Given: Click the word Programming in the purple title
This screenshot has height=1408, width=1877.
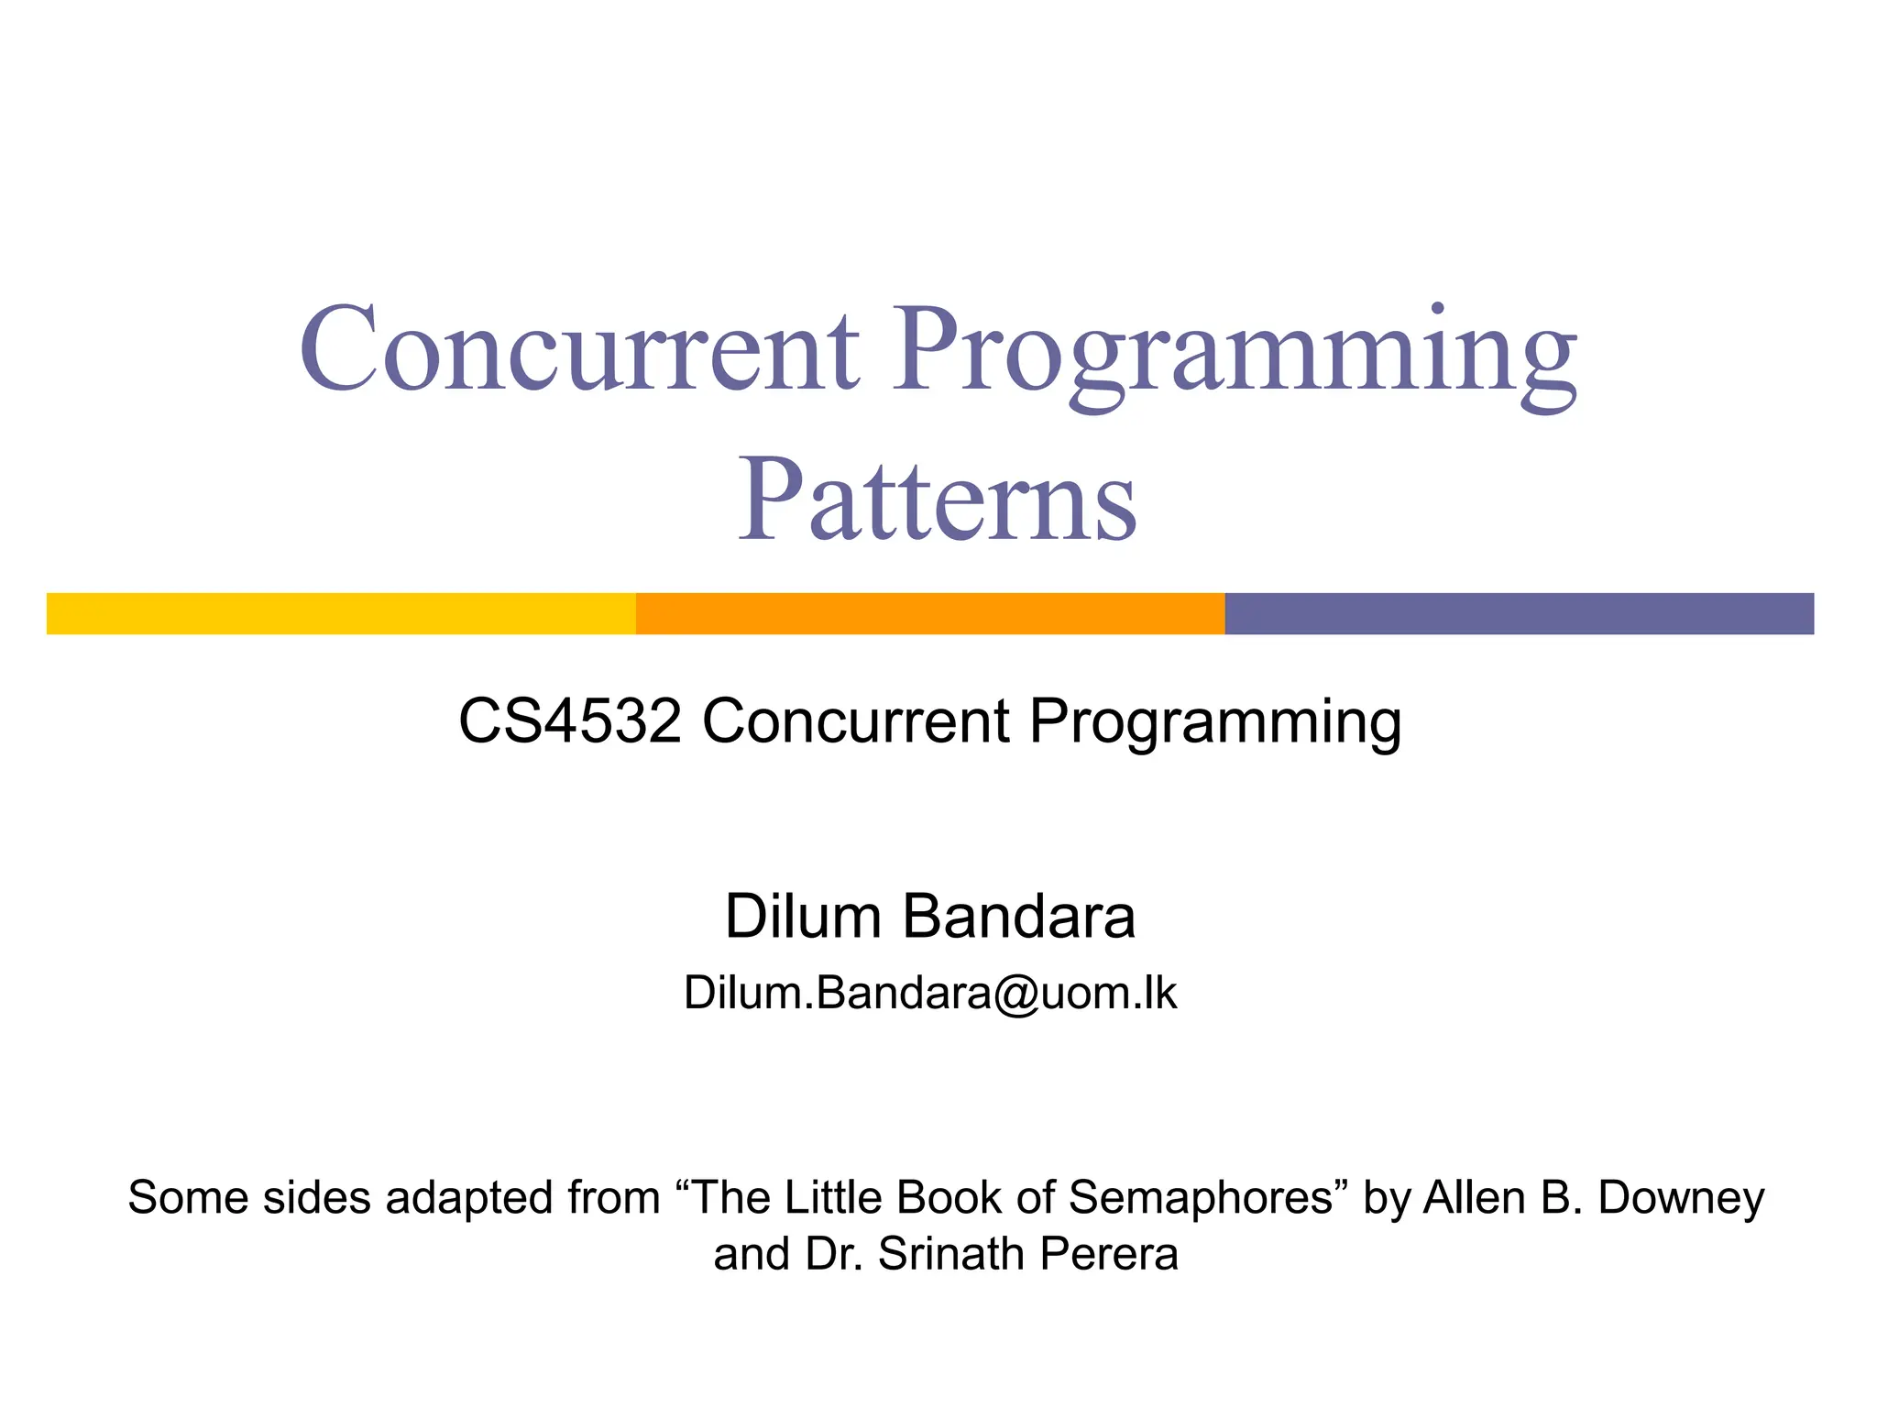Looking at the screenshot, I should [x=1235, y=353].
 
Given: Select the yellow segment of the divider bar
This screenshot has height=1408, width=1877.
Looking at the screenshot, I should [x=341, y=613].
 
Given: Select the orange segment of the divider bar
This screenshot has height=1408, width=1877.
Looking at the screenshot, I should [x=930, y=613].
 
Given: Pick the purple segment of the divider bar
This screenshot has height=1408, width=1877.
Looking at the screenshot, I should [x=1519, y=613].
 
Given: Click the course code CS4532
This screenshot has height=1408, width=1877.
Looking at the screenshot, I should [x=570, y=720].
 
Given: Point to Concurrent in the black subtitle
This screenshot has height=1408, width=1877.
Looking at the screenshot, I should [x=856, y=720].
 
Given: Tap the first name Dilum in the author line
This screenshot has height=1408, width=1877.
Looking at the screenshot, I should [x=803, y=916].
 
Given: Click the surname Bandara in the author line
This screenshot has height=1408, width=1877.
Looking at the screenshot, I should [x=1019, y=916].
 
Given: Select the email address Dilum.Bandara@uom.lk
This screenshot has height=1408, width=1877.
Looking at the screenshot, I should [x=929, y=993].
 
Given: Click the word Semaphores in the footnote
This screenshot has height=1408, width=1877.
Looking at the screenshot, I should [x=1201, y=1198].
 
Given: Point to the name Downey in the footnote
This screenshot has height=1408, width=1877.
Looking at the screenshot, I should [x=1681, y=1198].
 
